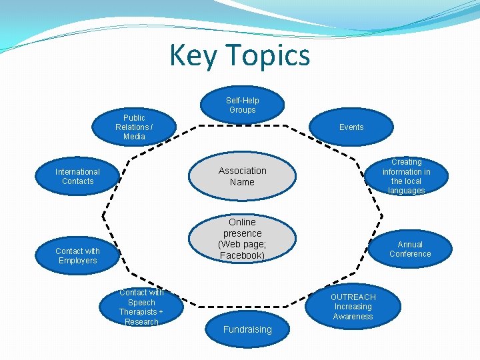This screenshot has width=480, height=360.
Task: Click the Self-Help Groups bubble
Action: pos(243,105)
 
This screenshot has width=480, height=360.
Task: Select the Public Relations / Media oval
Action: pos(134,127)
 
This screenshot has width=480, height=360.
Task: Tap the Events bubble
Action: pos(351,127)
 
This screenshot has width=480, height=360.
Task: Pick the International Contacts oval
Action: pos(78,177)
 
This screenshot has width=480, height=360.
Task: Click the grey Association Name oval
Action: pos(242,176)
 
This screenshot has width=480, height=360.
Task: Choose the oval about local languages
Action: pos(406,176)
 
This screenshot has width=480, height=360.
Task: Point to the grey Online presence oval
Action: pos(242,238)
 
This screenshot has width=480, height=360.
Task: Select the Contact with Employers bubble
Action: pos(78,255)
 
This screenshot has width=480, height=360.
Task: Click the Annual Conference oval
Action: pos(410,249)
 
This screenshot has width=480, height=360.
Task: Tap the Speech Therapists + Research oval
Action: pos(141,307)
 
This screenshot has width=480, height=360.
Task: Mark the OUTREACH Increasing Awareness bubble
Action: pos(353,307)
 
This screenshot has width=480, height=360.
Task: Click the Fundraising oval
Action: pos(247,329)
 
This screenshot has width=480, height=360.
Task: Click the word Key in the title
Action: pos(193,55)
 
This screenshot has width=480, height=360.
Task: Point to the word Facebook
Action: pos(242,255)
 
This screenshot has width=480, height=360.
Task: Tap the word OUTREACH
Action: pos(353,297)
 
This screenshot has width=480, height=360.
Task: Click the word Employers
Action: pos(78,261)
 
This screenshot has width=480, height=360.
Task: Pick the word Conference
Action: pos(410,254)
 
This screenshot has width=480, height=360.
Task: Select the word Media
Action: pos(134,137)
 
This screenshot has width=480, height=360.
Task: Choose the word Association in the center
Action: pos(242,171)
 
